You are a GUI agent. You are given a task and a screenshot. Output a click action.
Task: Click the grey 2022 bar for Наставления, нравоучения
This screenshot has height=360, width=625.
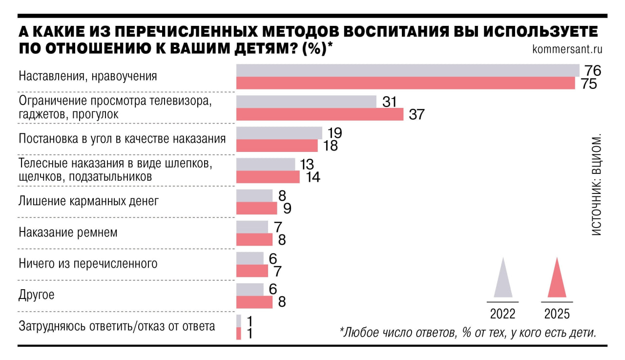click(407, 70)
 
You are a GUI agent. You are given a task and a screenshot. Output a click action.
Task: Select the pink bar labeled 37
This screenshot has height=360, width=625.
click(319, 114)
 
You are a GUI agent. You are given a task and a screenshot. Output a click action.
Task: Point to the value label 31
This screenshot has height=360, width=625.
click(389, 102)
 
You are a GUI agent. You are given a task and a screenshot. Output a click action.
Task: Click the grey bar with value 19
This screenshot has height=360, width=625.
click(279, 133)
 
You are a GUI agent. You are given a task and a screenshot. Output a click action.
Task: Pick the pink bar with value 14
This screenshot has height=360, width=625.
click(268, 177)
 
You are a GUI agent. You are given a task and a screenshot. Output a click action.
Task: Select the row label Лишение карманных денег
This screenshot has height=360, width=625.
click(88, 201)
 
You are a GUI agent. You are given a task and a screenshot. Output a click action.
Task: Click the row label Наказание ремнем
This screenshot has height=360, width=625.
click(68, 233)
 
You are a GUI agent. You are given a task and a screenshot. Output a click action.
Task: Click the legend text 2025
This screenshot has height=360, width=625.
click(557, 314)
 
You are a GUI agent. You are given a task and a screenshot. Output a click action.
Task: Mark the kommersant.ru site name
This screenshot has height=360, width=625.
click(567, 49)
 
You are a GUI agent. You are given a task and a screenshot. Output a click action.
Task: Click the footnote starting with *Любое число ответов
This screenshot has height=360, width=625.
click(468, 333)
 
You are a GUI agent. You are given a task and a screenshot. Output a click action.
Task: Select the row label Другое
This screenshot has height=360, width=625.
click(36, 295)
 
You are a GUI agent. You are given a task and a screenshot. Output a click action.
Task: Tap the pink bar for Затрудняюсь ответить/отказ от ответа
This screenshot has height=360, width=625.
click(239, 334)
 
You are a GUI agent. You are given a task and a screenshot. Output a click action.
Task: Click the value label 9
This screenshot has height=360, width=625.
click(288, 209)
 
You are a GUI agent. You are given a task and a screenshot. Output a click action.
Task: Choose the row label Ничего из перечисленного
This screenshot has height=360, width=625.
click(88, 264)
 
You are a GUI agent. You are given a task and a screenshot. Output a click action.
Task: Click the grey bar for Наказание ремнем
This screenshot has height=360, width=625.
click(252, 227)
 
